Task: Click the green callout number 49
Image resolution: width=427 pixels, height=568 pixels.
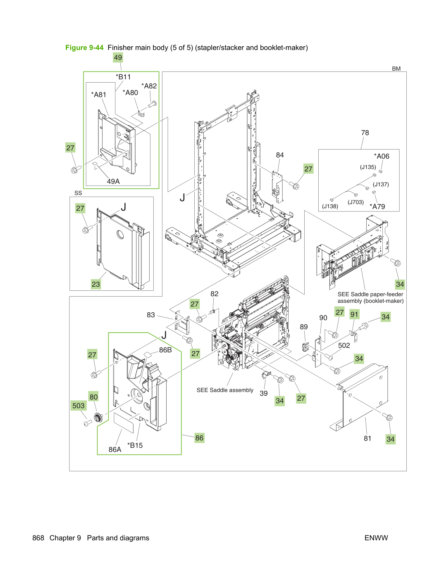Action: coord(118,57)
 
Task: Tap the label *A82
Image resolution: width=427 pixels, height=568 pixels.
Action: coord(149,86)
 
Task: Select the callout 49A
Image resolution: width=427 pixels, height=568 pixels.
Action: coord(113,181)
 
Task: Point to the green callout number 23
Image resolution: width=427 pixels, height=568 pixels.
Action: coord(95,284)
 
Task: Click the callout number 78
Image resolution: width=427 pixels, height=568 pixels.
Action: coord(365,133)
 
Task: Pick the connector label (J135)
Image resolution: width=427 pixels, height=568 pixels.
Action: coord(368,167)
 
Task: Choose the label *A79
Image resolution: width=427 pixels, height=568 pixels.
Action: coord(377,207)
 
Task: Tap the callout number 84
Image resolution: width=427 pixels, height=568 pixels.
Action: coord(280,155)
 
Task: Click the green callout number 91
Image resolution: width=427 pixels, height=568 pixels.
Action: coord(354,314)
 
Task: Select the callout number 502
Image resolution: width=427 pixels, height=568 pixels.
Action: coord(344,345)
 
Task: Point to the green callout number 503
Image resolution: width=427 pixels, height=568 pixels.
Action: coord(79,406)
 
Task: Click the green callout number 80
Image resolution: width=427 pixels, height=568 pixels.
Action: coord(93,397)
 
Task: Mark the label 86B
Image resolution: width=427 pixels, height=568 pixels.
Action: coord(165,350)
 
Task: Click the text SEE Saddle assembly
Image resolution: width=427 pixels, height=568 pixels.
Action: coord(225,390)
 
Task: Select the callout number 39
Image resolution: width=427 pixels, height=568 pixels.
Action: coord(264,393)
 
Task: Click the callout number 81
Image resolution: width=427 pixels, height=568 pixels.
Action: coord(367,438)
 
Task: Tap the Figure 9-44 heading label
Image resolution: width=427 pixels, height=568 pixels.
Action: coord(84,48)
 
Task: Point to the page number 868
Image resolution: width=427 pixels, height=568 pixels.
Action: coord(38,538)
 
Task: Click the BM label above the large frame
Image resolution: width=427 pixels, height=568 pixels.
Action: coord(396,69)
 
